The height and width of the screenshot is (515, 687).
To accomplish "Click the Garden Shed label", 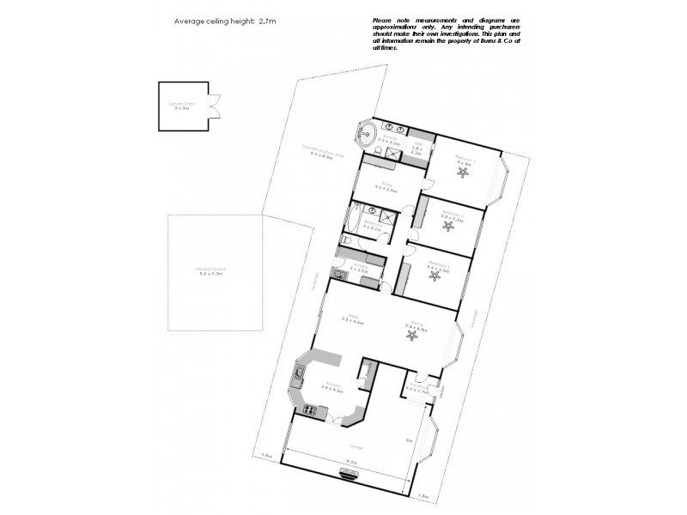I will tap(182, 106).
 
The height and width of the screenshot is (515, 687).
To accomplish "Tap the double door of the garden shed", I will tap(214, 106).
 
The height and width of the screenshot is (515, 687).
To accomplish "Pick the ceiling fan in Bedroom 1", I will tap(465, 172).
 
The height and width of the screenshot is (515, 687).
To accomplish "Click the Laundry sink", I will tap(342, 275).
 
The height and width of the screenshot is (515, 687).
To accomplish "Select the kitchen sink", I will tap(300, 373).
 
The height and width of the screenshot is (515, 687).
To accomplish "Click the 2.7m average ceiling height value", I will tap(269, 21).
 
